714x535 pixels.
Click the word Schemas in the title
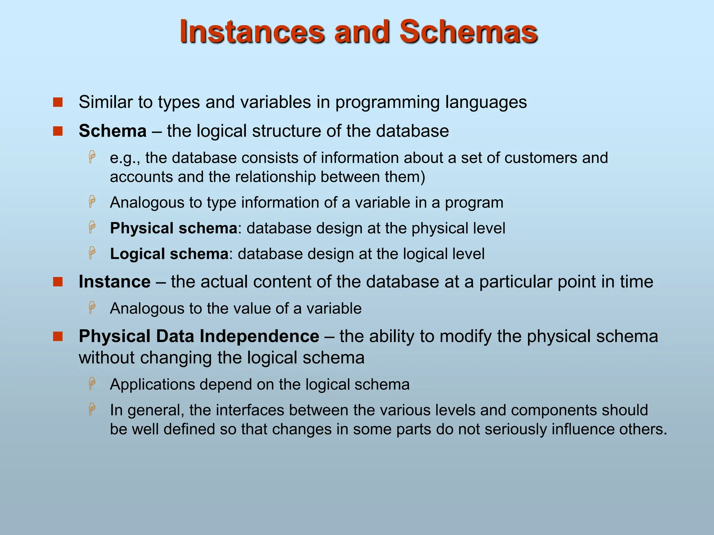click(468, 32)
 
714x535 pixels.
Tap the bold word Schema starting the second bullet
click(112, 131)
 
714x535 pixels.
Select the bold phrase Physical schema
click(173, 228)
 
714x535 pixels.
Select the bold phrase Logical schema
click(169, 254)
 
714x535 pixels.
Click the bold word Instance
click(114, 282)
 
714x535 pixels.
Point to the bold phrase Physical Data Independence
click(199, 336)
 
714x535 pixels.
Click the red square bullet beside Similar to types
click(58, 102)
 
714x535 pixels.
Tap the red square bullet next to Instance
click(58, 282)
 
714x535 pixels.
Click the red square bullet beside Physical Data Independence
click(58, 336)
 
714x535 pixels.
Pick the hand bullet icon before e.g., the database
click(92, 157)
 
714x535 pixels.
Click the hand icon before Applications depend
click(92, 383)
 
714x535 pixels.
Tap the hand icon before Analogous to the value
click(92, 308)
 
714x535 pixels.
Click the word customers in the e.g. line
click(540, 158)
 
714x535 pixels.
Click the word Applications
click(152, 385)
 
